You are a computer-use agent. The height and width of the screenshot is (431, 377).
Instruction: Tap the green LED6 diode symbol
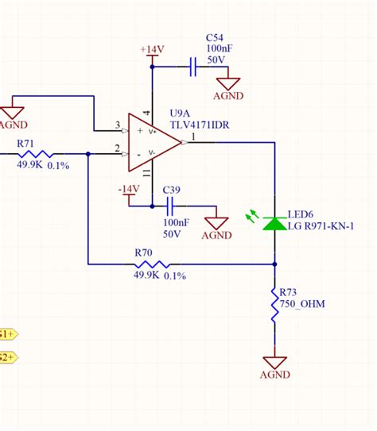coord(274,224)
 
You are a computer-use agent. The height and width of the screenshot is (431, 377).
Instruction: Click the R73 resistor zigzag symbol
coord(274,306)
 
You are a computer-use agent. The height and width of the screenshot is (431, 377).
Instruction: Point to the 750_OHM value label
coord(302,305)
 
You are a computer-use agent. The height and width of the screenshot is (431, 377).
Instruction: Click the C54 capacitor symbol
coord(192,67)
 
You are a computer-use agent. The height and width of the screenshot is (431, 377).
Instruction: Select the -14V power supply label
coord(128,189)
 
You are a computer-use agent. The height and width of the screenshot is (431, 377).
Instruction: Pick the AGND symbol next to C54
coord(232,84)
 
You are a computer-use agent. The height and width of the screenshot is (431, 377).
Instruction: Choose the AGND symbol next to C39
coord(215,226)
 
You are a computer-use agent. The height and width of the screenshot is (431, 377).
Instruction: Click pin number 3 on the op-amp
coord(117,125)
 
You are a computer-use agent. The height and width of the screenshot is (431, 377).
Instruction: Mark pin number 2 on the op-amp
coord(117,149)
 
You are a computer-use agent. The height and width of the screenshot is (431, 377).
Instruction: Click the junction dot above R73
coord(274,264)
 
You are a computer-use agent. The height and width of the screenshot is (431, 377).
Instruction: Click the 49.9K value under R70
coord(147,275)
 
